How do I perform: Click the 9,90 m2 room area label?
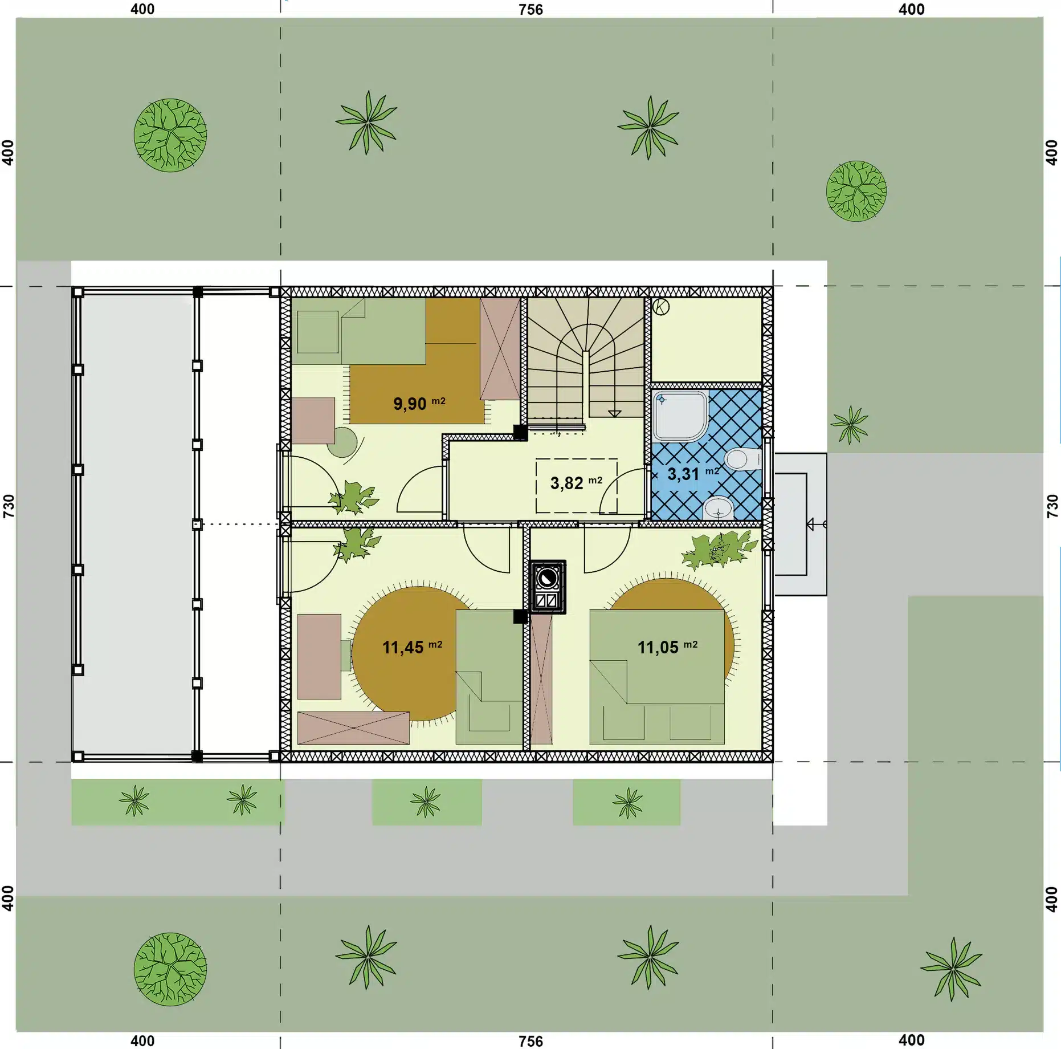pyautogui.click(x=419, y=403)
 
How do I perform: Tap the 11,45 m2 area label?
pyautogui.click(x=412, y=647)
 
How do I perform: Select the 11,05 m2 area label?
pyautogui.click(x=667, y=647)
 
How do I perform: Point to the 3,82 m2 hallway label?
pyautogui.click(x=576, y=483)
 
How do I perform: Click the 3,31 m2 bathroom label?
pyautogui.click(x=693, y=473)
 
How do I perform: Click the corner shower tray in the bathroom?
pyautogui.click(x=680, y=416)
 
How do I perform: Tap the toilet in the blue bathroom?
pyautogui.click(x=742, y=459)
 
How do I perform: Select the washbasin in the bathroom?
pyautogui.click(x=718, y=507)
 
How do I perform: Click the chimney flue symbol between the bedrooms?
pyautogui.click(x=548, y=587)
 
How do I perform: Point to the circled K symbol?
pyautogui.click(x=661, y=307)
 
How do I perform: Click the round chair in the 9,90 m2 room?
pyautogui.click(x=342, y=442)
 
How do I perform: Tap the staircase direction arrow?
pyautogui.click(x=614, y=413)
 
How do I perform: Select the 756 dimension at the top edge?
pyautogui.click(x=530, y=10)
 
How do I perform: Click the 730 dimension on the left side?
pyautogui.click(x=9, y=506)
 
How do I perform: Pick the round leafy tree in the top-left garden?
pyautogui.click(x=170, y=136)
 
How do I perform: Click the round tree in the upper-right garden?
pyautogui.click(x=856, y=191)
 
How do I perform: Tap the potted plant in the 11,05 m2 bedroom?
pyautogui.click(x=719, y=550)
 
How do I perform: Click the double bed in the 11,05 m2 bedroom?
pyautogui.click(x=657, y=677)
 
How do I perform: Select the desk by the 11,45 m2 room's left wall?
pyautogui.click(x=319, y=656)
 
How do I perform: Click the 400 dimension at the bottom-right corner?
pyautogui.click(x=911, y=1040)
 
